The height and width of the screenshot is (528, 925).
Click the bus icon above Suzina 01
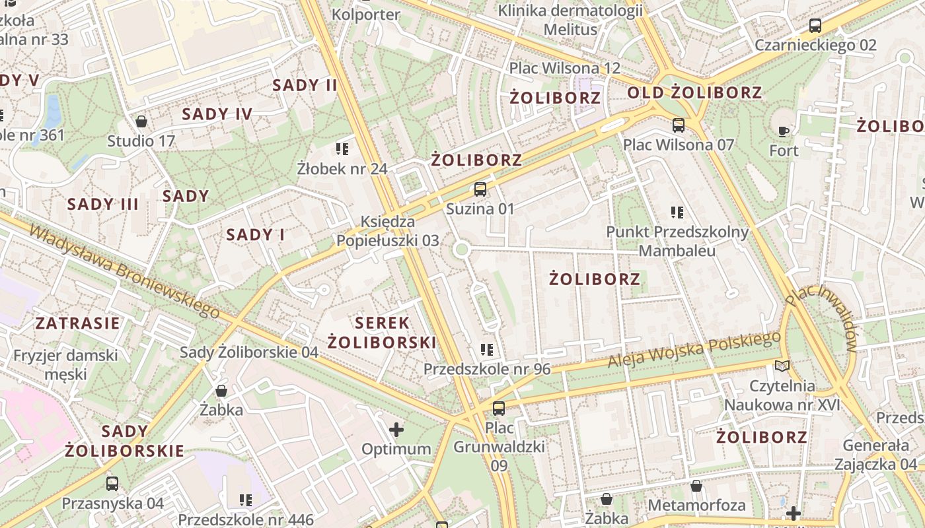[480, 189]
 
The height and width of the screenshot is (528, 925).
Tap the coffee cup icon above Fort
[784, 131]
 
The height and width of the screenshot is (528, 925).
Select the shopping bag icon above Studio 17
[141, 121]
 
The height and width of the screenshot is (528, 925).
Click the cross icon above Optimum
[396, 430]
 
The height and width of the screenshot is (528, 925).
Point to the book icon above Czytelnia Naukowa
[782, 366]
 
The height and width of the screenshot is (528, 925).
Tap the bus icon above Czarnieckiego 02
[815, 26]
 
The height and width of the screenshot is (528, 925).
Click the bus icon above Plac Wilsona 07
[679, 125]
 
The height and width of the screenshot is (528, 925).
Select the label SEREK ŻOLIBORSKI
[383, 333]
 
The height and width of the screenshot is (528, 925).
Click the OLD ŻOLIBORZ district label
[694, 93]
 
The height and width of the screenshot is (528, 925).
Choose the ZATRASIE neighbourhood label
[78, 323]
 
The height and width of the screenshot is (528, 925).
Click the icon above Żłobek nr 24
[342, 149]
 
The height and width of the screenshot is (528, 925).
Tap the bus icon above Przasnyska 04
[112, 484]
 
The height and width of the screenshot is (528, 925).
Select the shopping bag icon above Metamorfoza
[696, 486]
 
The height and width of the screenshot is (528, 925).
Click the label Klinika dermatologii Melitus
[570, 20]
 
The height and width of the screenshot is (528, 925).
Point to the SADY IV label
[217, 114]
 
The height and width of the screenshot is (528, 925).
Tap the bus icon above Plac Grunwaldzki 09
[499, 408]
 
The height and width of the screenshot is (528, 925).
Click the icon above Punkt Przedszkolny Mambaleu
[677, 213]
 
